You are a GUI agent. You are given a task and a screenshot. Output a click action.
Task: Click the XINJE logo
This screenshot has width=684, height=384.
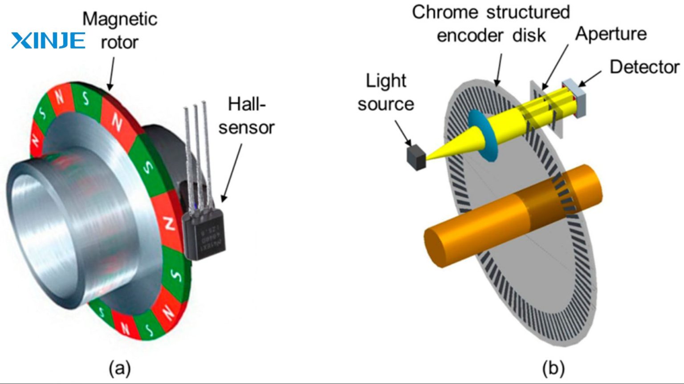pyautogui.click(x=48, y=40)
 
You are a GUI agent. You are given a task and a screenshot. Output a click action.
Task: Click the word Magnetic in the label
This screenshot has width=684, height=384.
pyautogui.click(x=120, y=19)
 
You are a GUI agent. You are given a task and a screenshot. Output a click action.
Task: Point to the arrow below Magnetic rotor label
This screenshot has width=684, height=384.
pyautogui.click(x=111, y=73)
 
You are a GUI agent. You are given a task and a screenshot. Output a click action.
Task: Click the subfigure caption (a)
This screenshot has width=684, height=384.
pyautogui.click(x=119, y=369)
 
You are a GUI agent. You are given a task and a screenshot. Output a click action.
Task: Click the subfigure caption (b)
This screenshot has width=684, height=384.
pyautogui.click(x=553, y=369)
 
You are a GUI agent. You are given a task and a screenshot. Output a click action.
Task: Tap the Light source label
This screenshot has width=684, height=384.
pyautogui.click(x=386, y=92)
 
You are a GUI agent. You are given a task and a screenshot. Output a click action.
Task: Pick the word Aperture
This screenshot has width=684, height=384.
pyautogui.click(x=611, y=34)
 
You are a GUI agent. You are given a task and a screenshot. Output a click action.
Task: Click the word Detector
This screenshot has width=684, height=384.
pyautogui.click(x=644, y=67)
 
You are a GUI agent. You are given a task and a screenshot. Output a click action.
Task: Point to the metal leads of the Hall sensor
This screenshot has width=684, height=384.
pyautogui.click(x=196, y=147)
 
